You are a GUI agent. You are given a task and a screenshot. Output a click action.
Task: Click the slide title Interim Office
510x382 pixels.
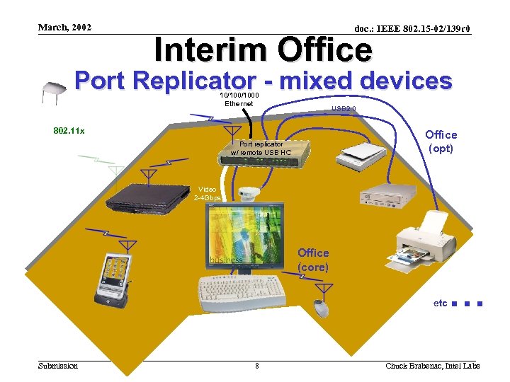coord(263,50)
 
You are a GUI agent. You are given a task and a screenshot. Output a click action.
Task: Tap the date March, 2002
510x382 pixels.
coord(64,28)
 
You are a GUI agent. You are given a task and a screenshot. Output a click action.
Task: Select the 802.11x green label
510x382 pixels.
coord(69,131)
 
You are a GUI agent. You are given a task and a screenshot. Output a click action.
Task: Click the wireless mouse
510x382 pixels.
coord(322,308)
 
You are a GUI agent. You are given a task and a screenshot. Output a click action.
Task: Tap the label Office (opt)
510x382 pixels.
coord(441,141)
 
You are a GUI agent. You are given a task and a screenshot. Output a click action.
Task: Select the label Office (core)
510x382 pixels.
coord(313,260)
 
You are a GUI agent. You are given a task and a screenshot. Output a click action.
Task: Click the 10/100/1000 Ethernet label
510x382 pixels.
coord(239,99)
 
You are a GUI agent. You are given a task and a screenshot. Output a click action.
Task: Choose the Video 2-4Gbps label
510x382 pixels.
coord(208,194)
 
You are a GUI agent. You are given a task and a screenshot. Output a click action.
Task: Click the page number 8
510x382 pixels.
coord(256,366)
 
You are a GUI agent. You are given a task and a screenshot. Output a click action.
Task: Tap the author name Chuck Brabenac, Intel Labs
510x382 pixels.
coord(432,366)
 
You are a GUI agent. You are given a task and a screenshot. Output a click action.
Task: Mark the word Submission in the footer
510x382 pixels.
coord(58,365)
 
